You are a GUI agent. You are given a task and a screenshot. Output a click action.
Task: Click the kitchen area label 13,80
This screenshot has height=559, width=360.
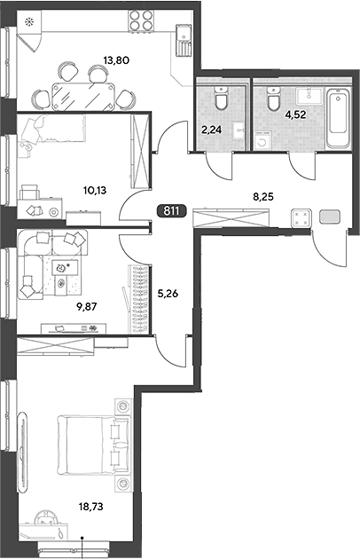tap(116, 60)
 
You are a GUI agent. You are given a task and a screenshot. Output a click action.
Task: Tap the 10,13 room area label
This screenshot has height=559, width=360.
tap(95, 191)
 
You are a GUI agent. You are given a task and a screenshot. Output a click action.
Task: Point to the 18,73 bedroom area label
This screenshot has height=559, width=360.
tap(91, 507)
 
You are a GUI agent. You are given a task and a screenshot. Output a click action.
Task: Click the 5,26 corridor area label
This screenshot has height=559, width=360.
tap(168, 294)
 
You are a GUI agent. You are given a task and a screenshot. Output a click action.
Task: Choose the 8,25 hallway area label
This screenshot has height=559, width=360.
tap(263, 196)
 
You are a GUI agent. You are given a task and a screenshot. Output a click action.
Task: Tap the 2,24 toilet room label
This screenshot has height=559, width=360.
tap(211, 130)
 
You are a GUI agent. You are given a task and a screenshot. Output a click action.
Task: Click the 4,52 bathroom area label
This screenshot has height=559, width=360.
tap(296, 114)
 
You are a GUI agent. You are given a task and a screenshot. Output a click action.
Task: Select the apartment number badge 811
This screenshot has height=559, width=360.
tap(171, 211)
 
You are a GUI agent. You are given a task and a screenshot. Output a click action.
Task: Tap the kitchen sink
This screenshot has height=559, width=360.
tap(184, 39)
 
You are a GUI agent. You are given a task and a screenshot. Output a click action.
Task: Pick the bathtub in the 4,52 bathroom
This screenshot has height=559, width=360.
tap(338, 119)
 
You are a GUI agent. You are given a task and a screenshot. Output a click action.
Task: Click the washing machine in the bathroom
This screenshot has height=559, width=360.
tap(263, 140)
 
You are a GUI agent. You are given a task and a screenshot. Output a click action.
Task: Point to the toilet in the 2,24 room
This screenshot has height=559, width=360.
tap(221, 98)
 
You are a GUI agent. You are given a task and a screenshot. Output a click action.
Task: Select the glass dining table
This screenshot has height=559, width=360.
tap(83, 97)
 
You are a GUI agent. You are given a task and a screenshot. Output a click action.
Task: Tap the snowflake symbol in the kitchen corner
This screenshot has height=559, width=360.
tap(28, 22)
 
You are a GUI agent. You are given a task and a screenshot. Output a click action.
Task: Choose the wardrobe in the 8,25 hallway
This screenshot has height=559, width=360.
tap(231, 217)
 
